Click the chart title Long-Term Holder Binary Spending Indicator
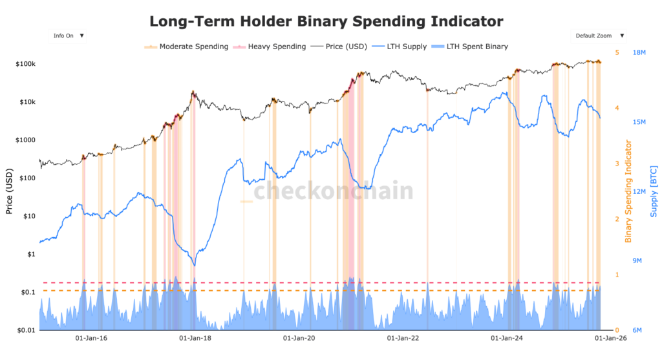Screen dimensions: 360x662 click(x=326, y=21)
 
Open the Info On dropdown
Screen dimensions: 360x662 click(x=68, y=36)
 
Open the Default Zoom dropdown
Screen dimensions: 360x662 click(x=599, y=36)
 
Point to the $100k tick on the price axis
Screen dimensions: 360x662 click(x=25, y=64)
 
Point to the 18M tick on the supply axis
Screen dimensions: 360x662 click(x=640, y=53)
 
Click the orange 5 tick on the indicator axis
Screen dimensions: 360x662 click(x=617, y=53)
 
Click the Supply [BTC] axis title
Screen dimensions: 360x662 click(x=654, y=192)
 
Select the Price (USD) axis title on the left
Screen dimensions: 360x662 click(x=9, y=192)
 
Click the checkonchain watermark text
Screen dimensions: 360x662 click(x=332, y=191)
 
